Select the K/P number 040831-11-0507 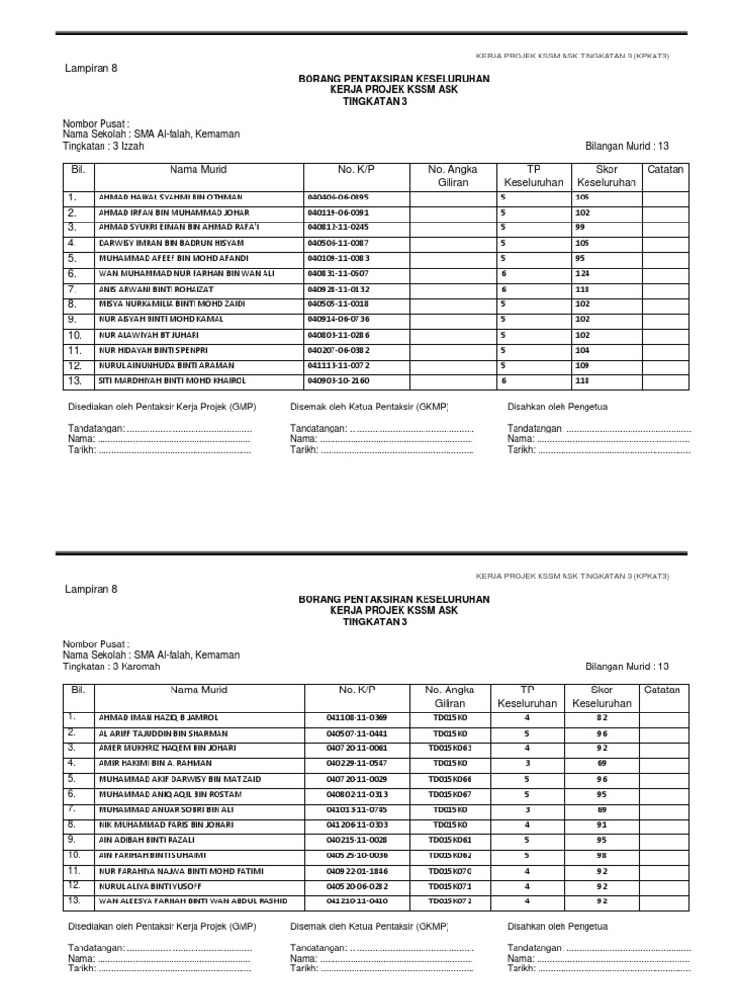point(338,274)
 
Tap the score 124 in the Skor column point(584,274)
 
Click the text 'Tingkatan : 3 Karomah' point(112,666)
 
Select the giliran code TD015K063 point(450,747)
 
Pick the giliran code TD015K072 point(450,901)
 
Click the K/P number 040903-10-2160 point(338,382)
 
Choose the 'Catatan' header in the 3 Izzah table point(665,169)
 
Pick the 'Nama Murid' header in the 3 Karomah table point(198,690)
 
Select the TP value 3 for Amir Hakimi point(526,762)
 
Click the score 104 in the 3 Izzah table point(584,351)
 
